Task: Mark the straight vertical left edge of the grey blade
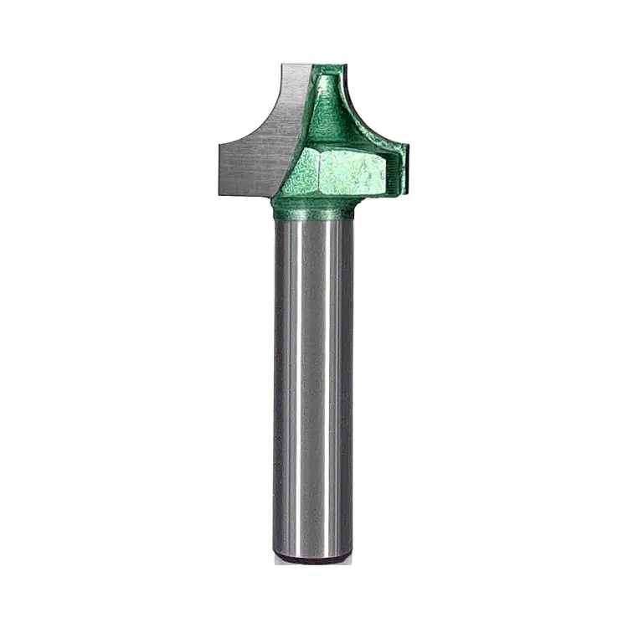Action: click(x=219, y=167)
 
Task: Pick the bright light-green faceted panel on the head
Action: click(x=347, y=172)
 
